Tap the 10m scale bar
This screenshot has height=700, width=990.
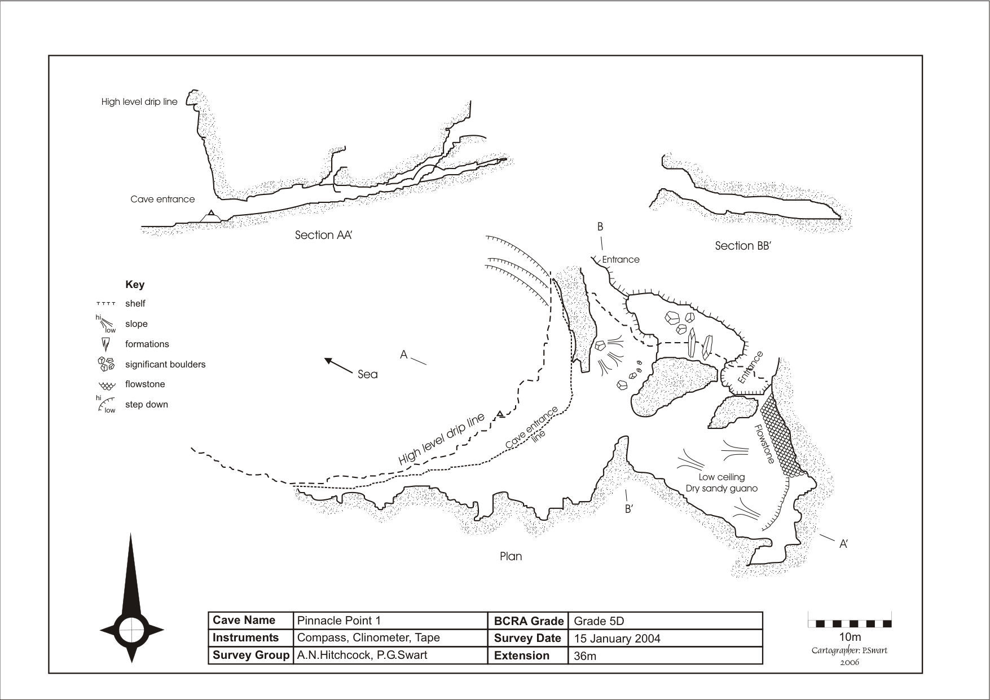850,623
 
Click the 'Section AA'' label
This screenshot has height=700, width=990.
323,236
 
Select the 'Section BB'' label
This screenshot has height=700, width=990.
742,246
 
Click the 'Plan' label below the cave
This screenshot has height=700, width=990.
511,557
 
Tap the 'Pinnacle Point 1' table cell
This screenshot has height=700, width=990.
339,621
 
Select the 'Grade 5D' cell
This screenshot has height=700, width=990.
599,621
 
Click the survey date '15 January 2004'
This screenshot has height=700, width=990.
617,639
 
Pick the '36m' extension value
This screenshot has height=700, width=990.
585,656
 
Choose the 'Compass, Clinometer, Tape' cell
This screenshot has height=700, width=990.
368,638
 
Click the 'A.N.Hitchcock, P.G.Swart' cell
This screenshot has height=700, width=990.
362,655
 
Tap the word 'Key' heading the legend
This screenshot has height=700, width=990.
135,285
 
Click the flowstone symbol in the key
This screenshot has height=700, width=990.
105,385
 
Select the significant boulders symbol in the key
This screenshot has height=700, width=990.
106,364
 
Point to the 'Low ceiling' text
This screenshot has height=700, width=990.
721,477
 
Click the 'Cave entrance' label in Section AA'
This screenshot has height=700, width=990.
162,199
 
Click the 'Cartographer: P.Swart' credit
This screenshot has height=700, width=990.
849,650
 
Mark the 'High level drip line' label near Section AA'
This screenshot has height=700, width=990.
139,102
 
